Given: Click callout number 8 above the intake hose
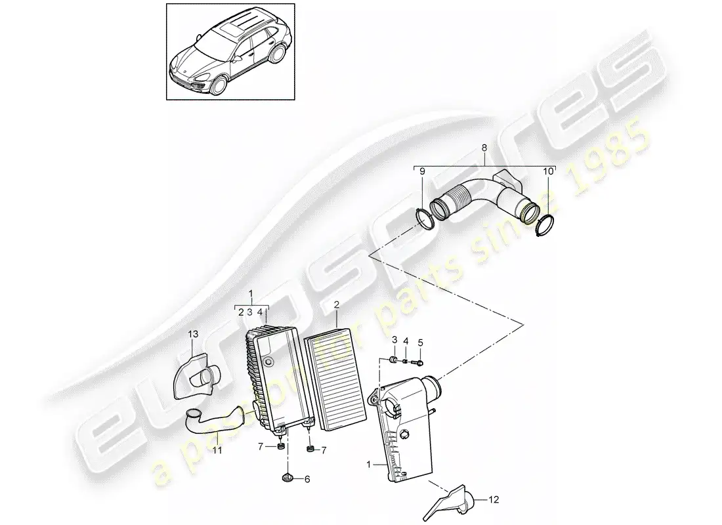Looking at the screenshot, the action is coord(484,148).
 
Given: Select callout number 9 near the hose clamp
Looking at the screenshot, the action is coord(422,172).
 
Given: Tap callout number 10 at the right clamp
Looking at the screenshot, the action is coord(548,172).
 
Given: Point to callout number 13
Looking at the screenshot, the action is coord(193,334).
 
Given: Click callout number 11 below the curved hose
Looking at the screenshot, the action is coord(217,450).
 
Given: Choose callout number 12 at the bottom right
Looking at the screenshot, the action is coord(494,499).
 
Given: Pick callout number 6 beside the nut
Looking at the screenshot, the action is coord(307,480).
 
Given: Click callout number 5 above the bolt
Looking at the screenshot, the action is coord(420,343).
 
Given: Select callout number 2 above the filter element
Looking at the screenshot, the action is coord(337,304).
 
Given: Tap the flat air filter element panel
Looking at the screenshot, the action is coord(335,379).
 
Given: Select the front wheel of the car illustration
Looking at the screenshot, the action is coord(219,85).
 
